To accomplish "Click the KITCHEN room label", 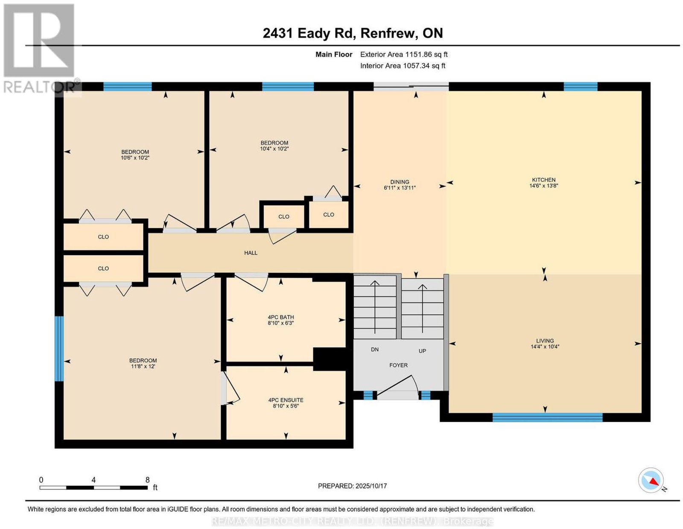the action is (x=543, y=180).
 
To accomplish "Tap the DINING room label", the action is (x=400, y=182).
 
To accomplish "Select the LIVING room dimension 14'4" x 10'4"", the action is (x=545, y=347).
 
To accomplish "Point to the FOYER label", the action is (x=398, y=365).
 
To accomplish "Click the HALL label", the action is (x=251, y=253).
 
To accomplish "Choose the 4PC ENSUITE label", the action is (x=286, y=400).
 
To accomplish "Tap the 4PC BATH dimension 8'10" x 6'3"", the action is (x=281, y=323).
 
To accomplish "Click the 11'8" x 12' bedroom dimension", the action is (x=143, y=366).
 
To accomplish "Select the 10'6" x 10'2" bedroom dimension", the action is (x=135, y=158).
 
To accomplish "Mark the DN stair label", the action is (x=375, y=349).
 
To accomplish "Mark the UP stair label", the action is (x=422, y=351).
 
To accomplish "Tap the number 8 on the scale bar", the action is (x=147, y=480).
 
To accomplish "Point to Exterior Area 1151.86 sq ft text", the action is (x=404, y=54).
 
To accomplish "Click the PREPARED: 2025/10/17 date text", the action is (x=352, y=486).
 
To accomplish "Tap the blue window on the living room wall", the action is (x=547, y=417).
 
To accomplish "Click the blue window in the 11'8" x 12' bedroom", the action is (x=59, y=348).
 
